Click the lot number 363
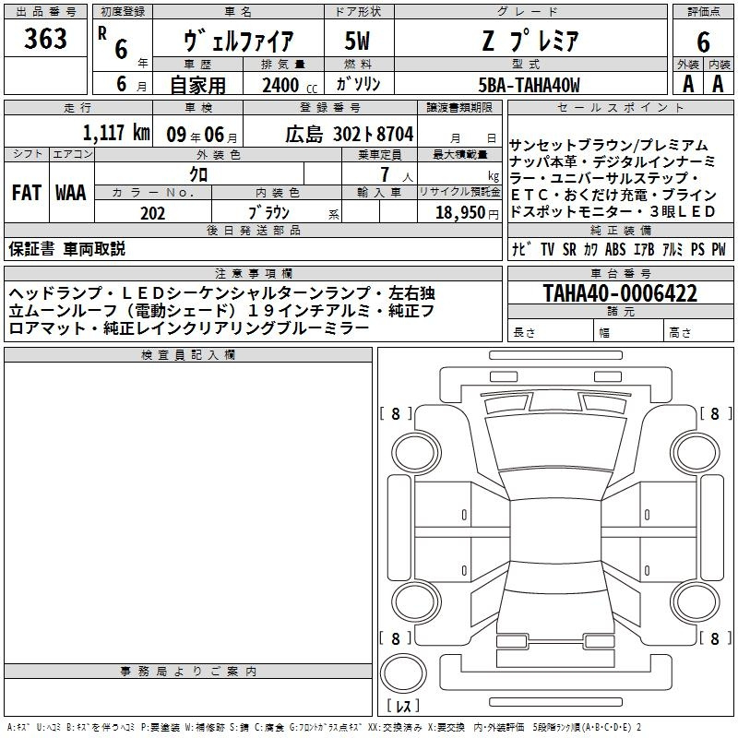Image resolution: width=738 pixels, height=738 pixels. point(45,38)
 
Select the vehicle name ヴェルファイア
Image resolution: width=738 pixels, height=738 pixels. point(238,41)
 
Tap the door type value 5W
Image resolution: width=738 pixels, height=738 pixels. point(357,41)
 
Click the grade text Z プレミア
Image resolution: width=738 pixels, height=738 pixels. point(530,41)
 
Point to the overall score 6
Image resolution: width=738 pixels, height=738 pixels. point(703,42)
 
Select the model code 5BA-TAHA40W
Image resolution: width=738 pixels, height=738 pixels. point(529,85)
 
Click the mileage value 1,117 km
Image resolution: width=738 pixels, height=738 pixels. point(116,133)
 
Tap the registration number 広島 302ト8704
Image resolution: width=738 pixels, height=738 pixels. point(350,135)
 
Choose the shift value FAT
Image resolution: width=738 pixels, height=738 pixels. point(27,193)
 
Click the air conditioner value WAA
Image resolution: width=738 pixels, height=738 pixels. point(71,193)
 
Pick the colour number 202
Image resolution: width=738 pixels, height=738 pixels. point(152,213)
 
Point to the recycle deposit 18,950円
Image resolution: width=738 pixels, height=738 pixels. point(467,213)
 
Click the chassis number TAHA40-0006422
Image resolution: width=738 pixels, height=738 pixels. point(620,293)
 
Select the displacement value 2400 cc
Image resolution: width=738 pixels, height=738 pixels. point(290,85)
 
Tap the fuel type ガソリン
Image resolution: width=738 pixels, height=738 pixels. point(358,84)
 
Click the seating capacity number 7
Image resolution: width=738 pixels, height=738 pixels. point(385,174)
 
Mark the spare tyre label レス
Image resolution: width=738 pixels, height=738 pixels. point(403,706)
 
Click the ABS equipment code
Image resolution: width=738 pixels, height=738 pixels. point(615,249)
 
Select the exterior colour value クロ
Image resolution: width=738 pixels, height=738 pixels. point(198,174)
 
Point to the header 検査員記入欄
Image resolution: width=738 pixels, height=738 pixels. point(188,355)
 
